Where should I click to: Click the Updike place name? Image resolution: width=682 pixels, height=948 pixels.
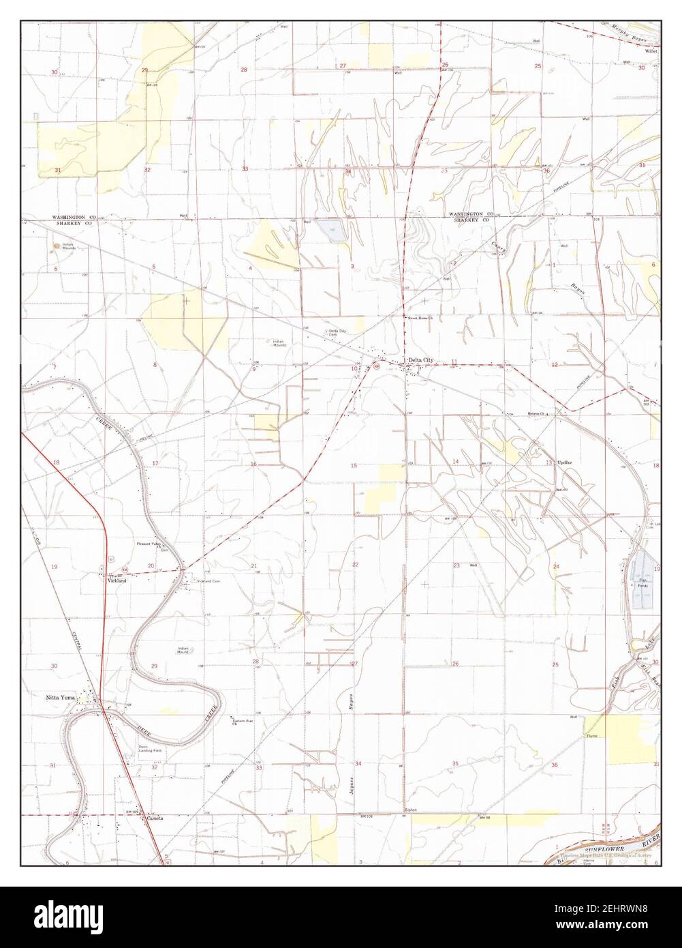click(x=566, y=462)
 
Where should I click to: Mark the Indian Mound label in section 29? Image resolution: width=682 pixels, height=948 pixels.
click(x=183, y=650)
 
